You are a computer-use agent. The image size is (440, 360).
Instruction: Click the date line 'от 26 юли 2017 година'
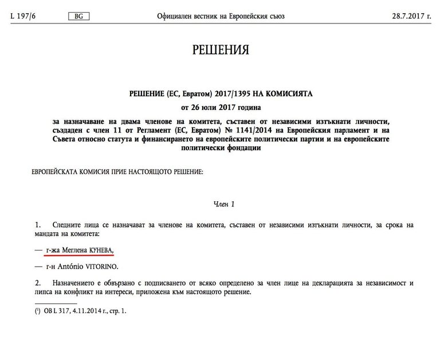221,107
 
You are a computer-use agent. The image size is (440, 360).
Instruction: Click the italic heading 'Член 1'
220,204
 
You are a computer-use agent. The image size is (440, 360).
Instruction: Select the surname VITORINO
102,266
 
